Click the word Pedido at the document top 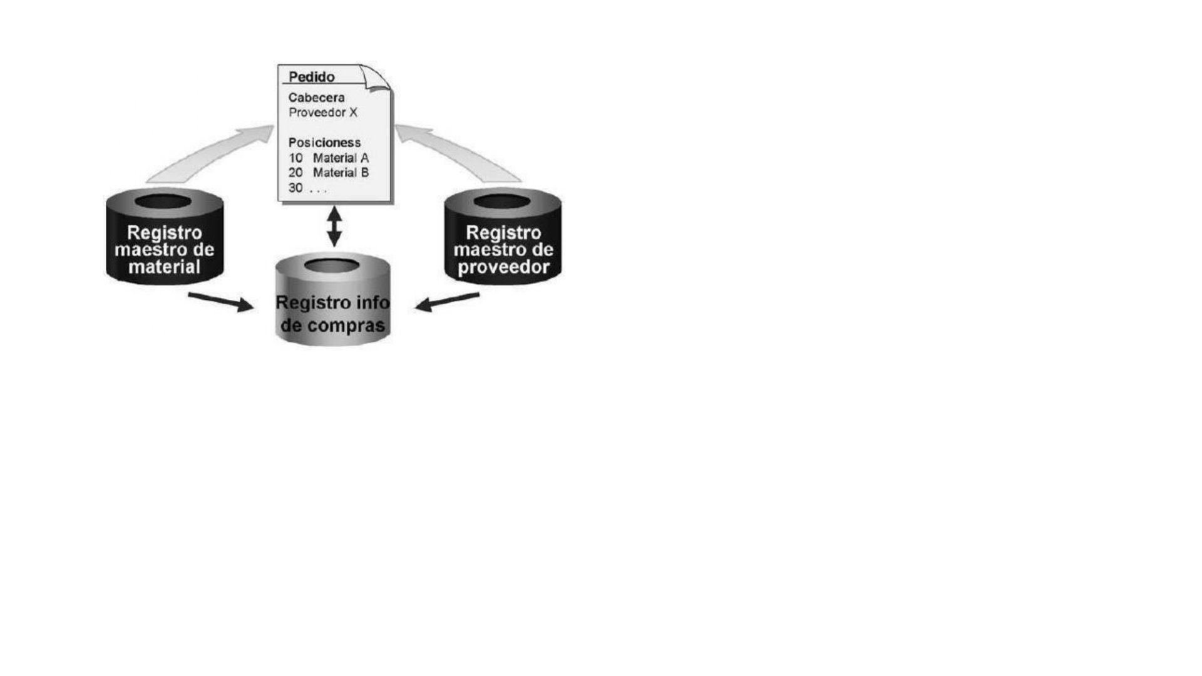point(311,77)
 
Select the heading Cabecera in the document point(316,98)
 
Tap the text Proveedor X point(322,113)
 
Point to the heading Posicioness point(324,143)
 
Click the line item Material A point(341,158)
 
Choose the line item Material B point(341,173)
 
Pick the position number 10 point(295,158)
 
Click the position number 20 point(295,173)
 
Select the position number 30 point(295,188)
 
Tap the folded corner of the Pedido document point(377,78)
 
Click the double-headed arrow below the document point(334,227)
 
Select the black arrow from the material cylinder point(220,302)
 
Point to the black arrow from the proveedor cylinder point(447,302)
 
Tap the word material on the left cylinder point(164,267)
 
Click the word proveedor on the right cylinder point(503,268)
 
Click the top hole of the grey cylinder point(332,265)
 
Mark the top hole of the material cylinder point(163,202)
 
